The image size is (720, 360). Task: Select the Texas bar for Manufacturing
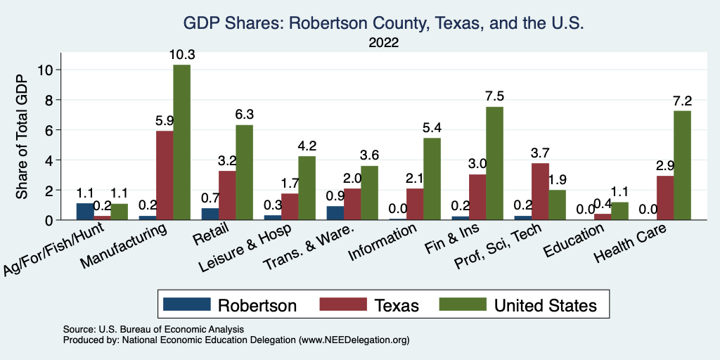click(x=165, y=175)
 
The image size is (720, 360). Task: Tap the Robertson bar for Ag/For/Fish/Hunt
click(x=84, y=212)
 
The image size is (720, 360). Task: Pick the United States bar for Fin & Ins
click(x=494, y=163)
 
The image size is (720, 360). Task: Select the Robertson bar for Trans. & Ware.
click(x=335, y=213)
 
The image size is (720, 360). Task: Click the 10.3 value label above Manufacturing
click(x=181, y=54)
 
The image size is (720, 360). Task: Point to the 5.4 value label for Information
click(x=432, y=128)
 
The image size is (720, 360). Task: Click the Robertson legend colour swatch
click(x=186, y=304)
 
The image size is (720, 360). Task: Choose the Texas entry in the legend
click(x=396, y=305)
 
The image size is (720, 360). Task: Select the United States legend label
click(x=546, y=305)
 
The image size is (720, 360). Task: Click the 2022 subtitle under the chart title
click(x=383, y=42)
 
